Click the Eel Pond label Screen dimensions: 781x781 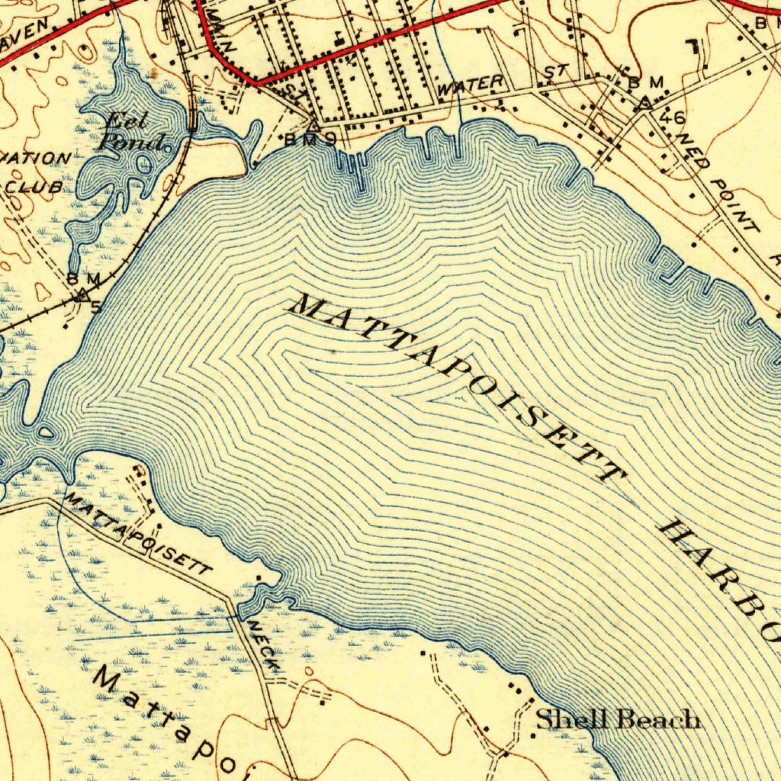[133, 131]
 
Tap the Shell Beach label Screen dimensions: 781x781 [617, 719]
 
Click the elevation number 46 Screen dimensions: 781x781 [673, 117]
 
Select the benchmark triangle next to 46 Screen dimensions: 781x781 [644, 101]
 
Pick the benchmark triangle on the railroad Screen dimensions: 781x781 [81, 294]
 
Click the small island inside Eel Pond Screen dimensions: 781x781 [143, 162]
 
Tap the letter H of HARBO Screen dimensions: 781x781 [676, 531]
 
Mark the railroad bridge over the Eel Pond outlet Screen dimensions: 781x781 [194, 120]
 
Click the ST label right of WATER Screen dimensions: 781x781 [556, 73]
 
